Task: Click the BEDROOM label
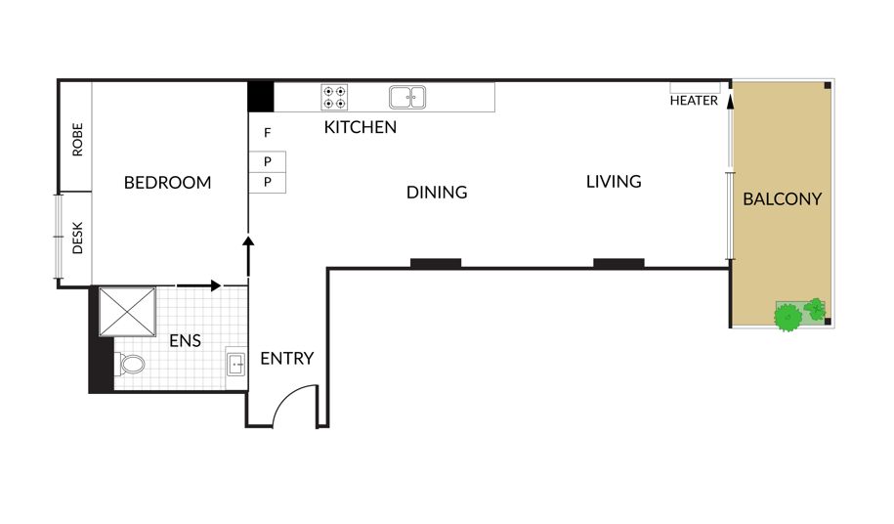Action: tap(167, 183)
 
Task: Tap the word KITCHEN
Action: tap(361, 127)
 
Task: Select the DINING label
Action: tap(437, 193)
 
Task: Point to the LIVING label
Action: tap(614, 181)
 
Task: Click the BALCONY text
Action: tap(783, 199)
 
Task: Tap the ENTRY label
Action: tap(287, 358)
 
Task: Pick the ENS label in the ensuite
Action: tap(185, 341)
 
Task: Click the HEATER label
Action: tap(694, 101)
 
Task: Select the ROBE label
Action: tap(77, 140)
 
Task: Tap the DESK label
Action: tap(77, 238)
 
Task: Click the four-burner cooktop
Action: tap(334, 98)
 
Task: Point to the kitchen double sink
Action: tap(407, 98)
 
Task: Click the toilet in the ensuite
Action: tap(130, 364)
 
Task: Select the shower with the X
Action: tap(127, 311)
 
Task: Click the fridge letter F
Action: tap(267, 133)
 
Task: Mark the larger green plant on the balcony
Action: tap(788, 318)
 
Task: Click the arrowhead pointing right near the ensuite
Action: tap(216, 285)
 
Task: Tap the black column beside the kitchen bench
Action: tap(261, 97)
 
